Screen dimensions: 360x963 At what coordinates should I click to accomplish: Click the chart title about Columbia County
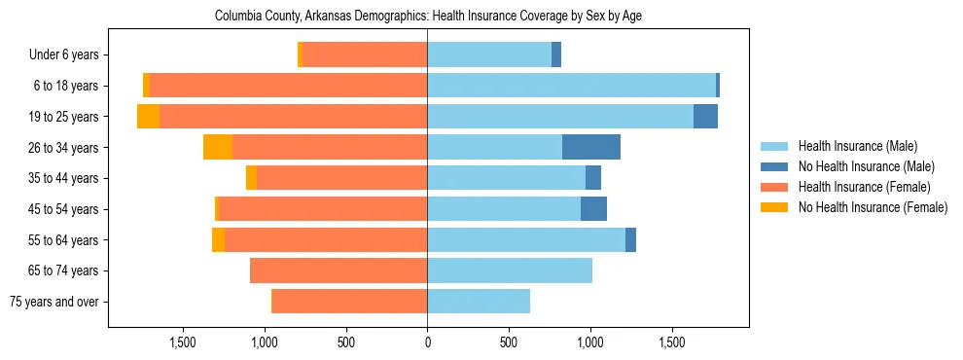tap(428, 17)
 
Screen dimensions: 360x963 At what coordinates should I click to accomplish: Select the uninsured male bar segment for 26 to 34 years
tap(591, 147)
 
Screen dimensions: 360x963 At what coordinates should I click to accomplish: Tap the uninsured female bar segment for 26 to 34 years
tap(218, 147)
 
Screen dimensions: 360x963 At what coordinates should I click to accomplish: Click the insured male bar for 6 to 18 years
tap(571, 86)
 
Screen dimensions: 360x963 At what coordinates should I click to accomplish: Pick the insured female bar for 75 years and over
tap(349, 302)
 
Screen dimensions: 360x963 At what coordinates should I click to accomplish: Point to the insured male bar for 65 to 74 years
tap(510, 270)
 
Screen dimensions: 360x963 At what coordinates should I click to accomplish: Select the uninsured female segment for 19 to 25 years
tap(148, 117)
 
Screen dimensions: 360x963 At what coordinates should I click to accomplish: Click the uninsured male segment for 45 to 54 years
tap(593, 209)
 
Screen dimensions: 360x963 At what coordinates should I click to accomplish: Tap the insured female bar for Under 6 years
tap(365, 54)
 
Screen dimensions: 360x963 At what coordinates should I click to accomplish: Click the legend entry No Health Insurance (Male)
tap(866, 166)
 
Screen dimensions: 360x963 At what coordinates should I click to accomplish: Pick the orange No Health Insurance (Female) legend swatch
tap(774, 207)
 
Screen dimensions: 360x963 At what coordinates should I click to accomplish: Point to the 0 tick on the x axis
tap(427, 342)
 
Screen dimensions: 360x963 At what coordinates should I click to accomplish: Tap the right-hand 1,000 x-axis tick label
tap(590, 342)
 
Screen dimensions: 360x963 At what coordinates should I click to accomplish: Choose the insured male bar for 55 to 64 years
tap(526, 239)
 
